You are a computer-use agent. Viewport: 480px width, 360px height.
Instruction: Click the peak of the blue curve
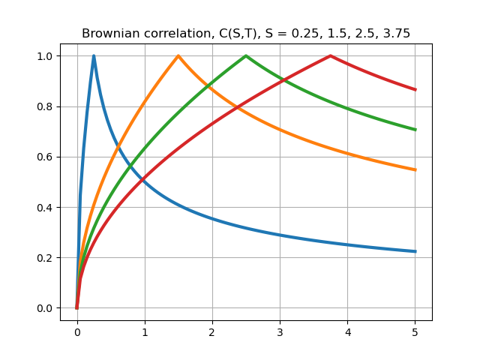coord(94,55)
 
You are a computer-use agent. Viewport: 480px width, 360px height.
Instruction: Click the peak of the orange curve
coord(178,55)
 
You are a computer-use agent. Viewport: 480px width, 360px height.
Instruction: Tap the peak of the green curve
coord(246,55)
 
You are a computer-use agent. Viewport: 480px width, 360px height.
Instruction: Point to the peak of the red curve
coord(330,55)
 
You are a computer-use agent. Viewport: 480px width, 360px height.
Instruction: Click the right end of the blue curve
coord(415,251)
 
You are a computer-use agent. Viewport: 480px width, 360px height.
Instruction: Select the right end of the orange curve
coord(415,169)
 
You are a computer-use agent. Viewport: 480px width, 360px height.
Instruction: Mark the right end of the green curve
coord(415,130)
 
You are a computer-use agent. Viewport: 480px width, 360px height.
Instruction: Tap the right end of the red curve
coord(415,90)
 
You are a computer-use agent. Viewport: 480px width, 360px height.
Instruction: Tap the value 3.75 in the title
coord(394,34)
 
